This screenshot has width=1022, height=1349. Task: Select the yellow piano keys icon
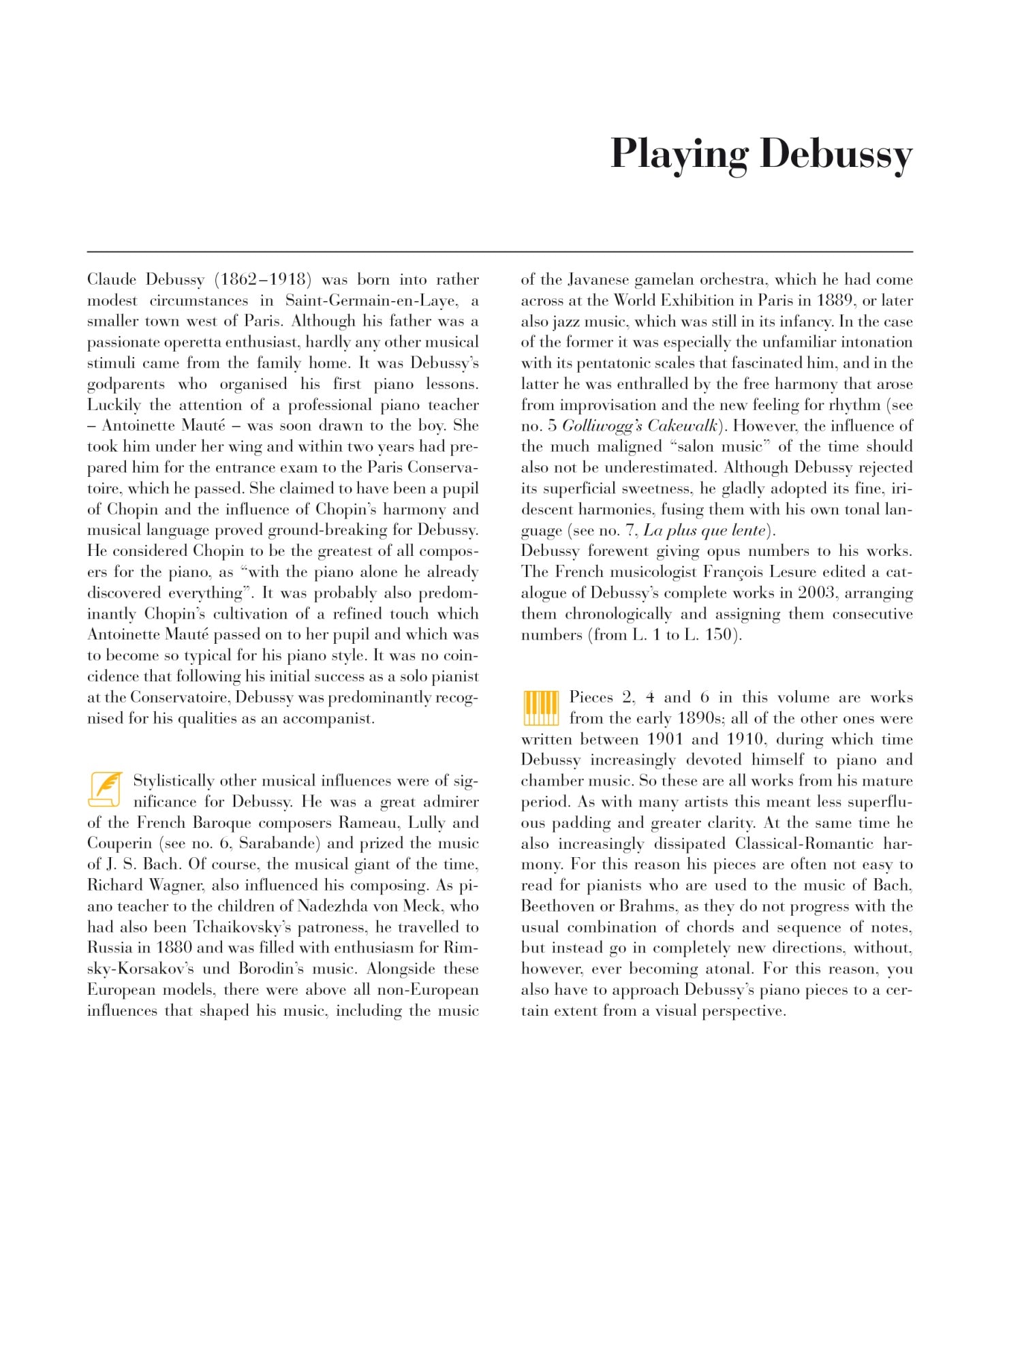540,708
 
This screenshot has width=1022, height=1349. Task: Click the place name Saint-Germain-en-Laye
371,300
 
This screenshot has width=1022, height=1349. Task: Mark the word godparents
126,384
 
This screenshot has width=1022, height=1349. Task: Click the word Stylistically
176,781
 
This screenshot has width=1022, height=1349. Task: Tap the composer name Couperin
119,843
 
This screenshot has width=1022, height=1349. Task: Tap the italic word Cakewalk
682,426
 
